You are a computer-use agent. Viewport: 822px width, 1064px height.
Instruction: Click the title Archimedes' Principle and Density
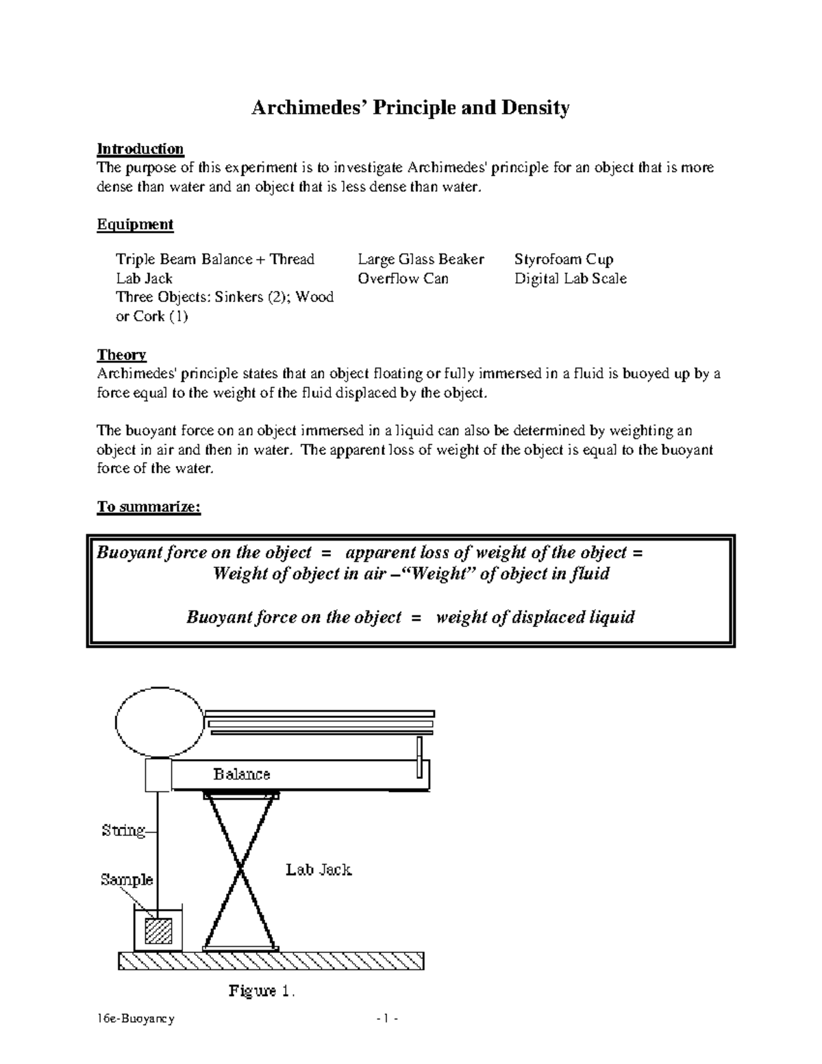point(410,108)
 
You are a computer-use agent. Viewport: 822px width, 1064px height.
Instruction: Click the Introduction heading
point(140,149)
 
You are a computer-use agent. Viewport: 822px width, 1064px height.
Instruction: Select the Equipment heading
point(135,224)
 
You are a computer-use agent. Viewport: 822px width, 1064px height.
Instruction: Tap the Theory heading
point(121,355)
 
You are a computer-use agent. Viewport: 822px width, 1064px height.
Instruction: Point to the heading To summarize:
point(148,507)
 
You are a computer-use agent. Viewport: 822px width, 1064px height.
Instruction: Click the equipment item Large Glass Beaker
point(421,259)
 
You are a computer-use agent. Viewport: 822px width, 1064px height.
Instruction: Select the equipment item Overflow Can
point(403,278)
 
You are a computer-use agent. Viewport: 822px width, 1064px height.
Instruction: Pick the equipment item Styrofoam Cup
point(564,259)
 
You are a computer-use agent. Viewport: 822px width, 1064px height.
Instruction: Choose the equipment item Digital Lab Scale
point(571,278)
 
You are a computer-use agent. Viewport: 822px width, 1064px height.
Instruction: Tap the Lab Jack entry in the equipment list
point(144,278)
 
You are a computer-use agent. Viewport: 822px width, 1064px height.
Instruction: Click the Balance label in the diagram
point(241,774)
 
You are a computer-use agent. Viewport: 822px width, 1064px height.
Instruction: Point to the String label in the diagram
point(123,830)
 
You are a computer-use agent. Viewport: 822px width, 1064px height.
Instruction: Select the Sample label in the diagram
point(126,879)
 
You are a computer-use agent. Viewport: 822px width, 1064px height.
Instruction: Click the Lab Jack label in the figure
point(319,870)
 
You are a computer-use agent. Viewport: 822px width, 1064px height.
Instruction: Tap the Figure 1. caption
point(261,991)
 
